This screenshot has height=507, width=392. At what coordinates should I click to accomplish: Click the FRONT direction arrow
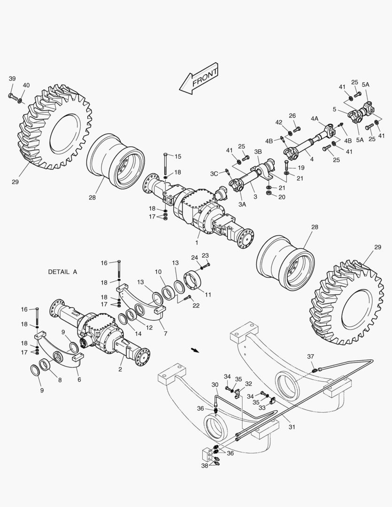[199, 79]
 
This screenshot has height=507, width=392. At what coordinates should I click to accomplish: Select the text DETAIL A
[62, 272]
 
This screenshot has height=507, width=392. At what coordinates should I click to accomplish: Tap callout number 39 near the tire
[12, 78]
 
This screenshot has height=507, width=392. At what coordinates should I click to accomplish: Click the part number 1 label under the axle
[197, 242]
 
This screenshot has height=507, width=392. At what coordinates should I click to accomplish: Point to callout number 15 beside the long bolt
[178, 156]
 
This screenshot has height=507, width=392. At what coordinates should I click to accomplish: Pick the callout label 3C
[214, 174]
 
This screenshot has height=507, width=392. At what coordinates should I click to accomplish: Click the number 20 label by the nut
[282, 197]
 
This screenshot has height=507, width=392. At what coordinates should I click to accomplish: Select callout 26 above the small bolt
[292, 115]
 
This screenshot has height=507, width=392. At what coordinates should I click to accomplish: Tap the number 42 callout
[279, 122]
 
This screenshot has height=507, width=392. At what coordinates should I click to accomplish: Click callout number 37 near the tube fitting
[310, 357]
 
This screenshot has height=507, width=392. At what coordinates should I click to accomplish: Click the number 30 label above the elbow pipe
[215, 385]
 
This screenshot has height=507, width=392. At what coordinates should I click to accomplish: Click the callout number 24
[194, 257]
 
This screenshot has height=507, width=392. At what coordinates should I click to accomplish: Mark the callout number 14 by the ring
[138, 333]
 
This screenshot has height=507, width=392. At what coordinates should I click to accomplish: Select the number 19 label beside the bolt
[300, 168]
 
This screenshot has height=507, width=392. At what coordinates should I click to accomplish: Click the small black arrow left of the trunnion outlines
[193, 350]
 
